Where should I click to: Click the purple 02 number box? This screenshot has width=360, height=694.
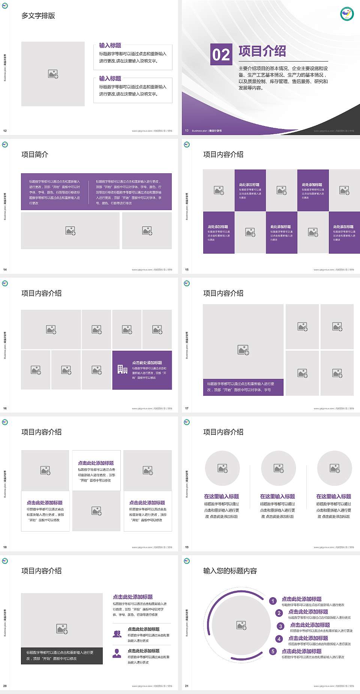point(221,54)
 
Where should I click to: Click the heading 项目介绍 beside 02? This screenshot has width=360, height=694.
point(262,51)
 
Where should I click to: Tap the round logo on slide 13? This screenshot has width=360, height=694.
point(347,14)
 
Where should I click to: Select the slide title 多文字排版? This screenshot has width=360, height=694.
point(38,16)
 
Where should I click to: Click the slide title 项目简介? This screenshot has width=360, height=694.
point(35,155)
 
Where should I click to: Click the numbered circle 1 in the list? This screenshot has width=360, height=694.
point(273,601)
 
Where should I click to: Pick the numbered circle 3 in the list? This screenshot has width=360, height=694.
point(280,626)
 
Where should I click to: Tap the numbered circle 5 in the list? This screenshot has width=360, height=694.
point(273,651)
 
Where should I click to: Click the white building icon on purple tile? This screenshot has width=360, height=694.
point(122,370)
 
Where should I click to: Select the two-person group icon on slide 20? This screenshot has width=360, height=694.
point(117,634)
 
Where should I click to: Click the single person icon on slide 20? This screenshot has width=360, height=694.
point(117,653)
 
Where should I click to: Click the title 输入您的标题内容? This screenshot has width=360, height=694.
point(230,571)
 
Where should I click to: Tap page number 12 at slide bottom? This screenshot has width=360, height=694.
point(5,131)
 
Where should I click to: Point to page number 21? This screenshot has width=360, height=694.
point(187,686)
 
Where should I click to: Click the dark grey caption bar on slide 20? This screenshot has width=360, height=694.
point(62,655)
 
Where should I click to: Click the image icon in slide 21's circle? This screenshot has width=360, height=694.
point(241,625)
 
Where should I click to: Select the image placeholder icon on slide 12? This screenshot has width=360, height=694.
point(53,74)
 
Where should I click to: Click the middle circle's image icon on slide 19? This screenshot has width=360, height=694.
point(279,468)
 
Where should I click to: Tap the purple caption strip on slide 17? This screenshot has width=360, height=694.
point(243,387)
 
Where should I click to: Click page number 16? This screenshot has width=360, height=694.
point(5,409)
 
